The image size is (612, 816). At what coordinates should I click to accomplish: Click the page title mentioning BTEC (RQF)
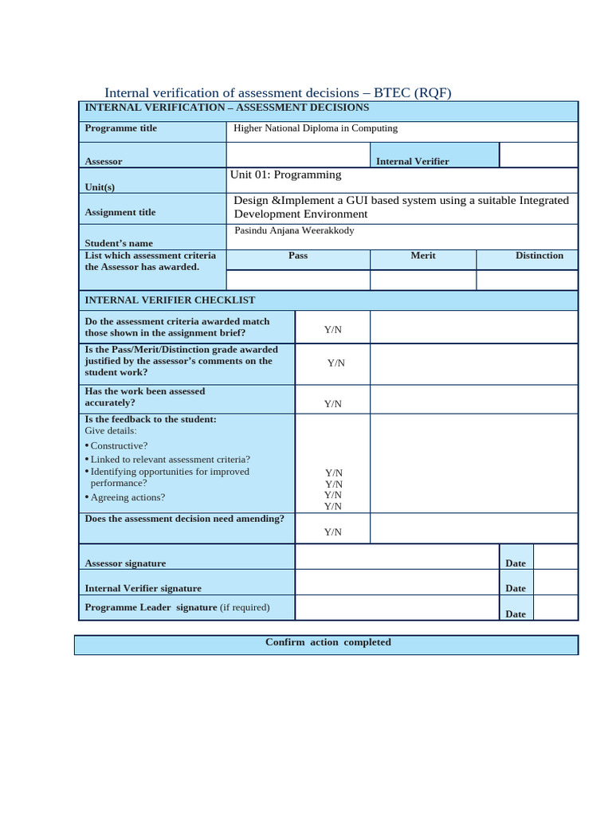pyautogui.click(x=278, y=92)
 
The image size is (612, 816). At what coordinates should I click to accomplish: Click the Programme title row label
pyautogui.click(x=121, y=128)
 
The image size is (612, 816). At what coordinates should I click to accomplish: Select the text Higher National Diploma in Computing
pyautogui.click(x=315, y=128)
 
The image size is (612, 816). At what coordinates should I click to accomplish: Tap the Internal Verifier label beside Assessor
pyautogui.click(x=412, y=161)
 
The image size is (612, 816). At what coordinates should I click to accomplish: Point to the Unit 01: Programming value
pyautogui.click(x=285, y=175)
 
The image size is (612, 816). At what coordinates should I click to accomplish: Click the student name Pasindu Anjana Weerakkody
pyautogui.click(x=294, y=230)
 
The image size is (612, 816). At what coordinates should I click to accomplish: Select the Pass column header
pyautogui.click(x=298, y=256)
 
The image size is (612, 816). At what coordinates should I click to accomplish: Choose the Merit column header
pyautogui.click(x=422, y=256)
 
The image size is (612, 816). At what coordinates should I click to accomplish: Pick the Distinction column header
pyautogui.click(x=539, y=256)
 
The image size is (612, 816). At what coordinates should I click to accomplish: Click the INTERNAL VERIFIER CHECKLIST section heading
pyautogui.click(x=170, y=300)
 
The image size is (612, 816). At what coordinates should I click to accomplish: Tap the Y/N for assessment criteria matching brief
pyautogui.click(x=332, y=329)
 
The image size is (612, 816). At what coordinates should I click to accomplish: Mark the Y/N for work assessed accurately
pyautogui.click(x=332, y=404)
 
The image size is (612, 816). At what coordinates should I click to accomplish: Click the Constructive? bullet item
pyautogui.click(x=119, y=445)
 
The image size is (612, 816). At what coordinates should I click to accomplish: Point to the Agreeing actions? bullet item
pyautogui.click(x=127, y=497)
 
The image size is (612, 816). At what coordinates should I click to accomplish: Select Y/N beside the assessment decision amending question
pyautogui.click(x=332, y=532)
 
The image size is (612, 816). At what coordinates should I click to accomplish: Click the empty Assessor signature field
pyautogui.click(x=396, y=557)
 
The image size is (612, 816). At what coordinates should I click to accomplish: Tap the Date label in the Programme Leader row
pyautogui.click(x=516, y=614)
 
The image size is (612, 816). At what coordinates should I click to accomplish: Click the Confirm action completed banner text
pyautogui.click(x=328, y=642)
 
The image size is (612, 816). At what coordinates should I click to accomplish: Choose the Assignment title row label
pyautogui.click(x=120, y=212)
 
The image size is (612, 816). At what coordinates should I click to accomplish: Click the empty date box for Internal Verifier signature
pyautogui.click(x=555, y=583)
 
